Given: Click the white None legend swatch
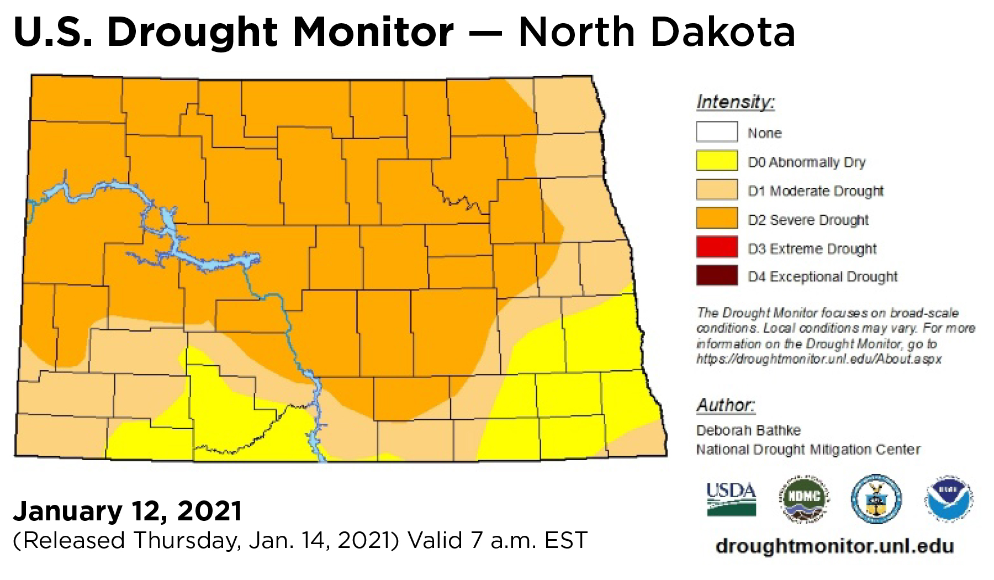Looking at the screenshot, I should (x=717, y=133).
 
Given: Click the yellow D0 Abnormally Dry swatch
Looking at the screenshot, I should (x=717, y=161).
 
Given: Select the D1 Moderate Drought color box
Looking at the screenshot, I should (x=717, y=190).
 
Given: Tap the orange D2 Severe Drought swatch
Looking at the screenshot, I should (x=717, y=219).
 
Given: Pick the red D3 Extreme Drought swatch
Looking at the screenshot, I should (x=717, y=247).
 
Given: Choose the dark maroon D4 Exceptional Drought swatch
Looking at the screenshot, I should (x=717, y=276).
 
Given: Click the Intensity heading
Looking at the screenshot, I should (x=735, y=102).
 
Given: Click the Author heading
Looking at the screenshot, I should (x=725, y=405).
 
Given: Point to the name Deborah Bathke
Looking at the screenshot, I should (x=748, y=430).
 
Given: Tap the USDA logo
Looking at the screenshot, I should (x=731, y=498).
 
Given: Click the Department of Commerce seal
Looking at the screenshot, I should (x=876, y=498).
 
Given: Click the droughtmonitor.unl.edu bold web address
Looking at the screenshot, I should (x=834, y=546).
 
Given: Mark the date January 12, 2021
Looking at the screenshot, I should (x=128, y=511).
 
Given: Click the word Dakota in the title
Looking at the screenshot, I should (x=723, y=32).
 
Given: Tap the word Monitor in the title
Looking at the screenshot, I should (x=373, y=32).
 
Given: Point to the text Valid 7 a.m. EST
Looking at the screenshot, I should (x=497, y=540).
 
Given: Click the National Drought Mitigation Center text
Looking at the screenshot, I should (x=808, y=450).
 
